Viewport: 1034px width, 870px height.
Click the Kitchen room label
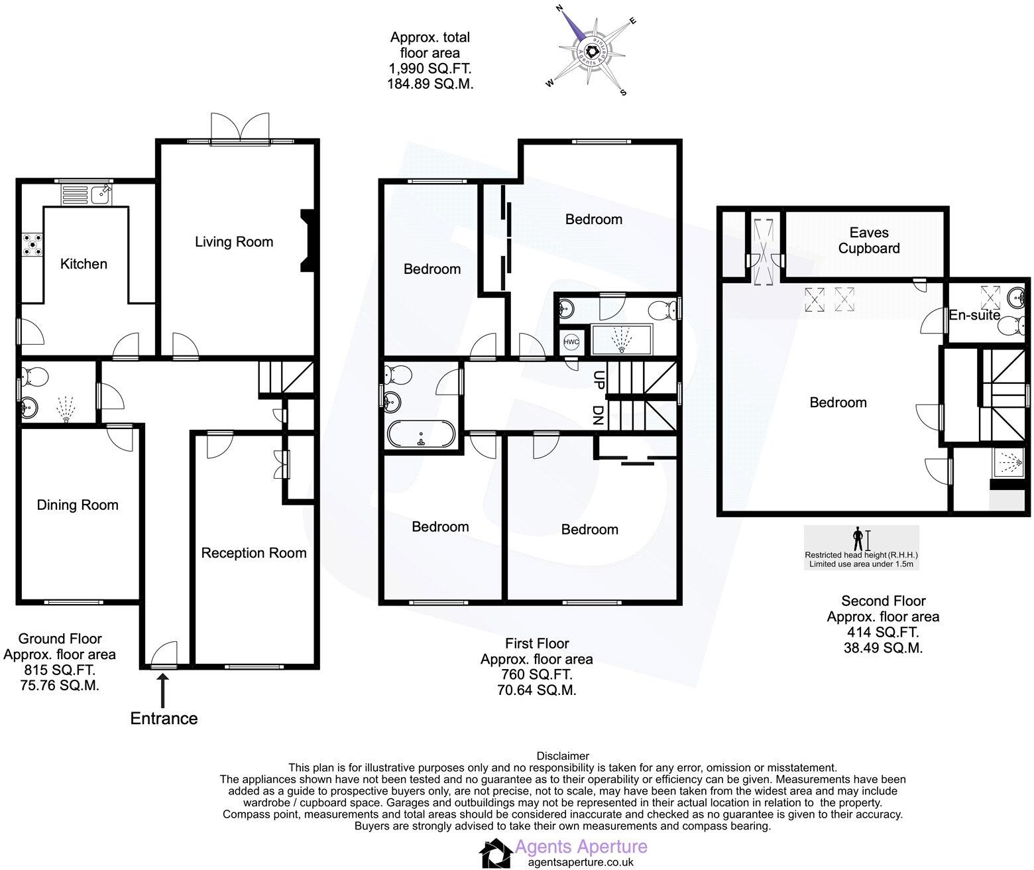click(x=84, y=264)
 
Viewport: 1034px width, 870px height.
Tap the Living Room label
click(x=234, y=242)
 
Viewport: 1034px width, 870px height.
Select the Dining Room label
click(x=78, y=505)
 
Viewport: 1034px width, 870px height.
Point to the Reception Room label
click(x=254, y=553)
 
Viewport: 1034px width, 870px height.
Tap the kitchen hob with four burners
click(x=32, y=244)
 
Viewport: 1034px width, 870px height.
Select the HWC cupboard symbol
click(x=571, y=342)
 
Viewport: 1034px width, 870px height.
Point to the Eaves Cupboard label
click(x=869, y=240)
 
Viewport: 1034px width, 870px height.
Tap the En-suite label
click(x=974, y=316)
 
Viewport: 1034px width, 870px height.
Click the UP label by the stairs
click(x=599, y=380)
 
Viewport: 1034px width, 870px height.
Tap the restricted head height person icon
click(x=858, y=538)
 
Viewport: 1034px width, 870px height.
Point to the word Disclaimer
click(x=562, y=755)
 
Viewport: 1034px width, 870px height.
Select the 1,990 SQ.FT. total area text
click(x=430, y=68)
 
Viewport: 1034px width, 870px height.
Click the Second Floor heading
click(x=883, y=601)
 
